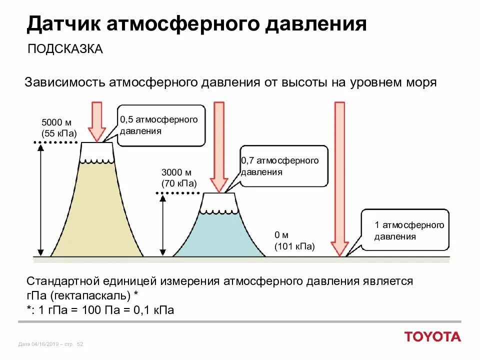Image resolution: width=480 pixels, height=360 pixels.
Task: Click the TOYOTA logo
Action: click(x=433, y=336)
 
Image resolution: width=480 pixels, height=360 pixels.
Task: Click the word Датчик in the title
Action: click(x=60, y=24)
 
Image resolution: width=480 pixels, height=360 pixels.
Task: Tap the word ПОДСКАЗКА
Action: click(x=65, y=49)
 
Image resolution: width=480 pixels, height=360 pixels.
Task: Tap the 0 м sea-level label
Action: click(x=281, y=235)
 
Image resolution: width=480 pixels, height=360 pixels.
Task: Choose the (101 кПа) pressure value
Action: click(x=294, y=246)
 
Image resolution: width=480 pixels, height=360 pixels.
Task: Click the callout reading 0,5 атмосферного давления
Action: click(x=161, y=125)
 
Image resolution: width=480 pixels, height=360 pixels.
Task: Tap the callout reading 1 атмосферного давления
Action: click(x=404, y=230)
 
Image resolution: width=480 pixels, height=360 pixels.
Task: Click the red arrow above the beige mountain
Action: click(x=96, y=120)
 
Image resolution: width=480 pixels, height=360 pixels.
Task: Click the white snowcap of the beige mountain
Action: click(x=97, y=151)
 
